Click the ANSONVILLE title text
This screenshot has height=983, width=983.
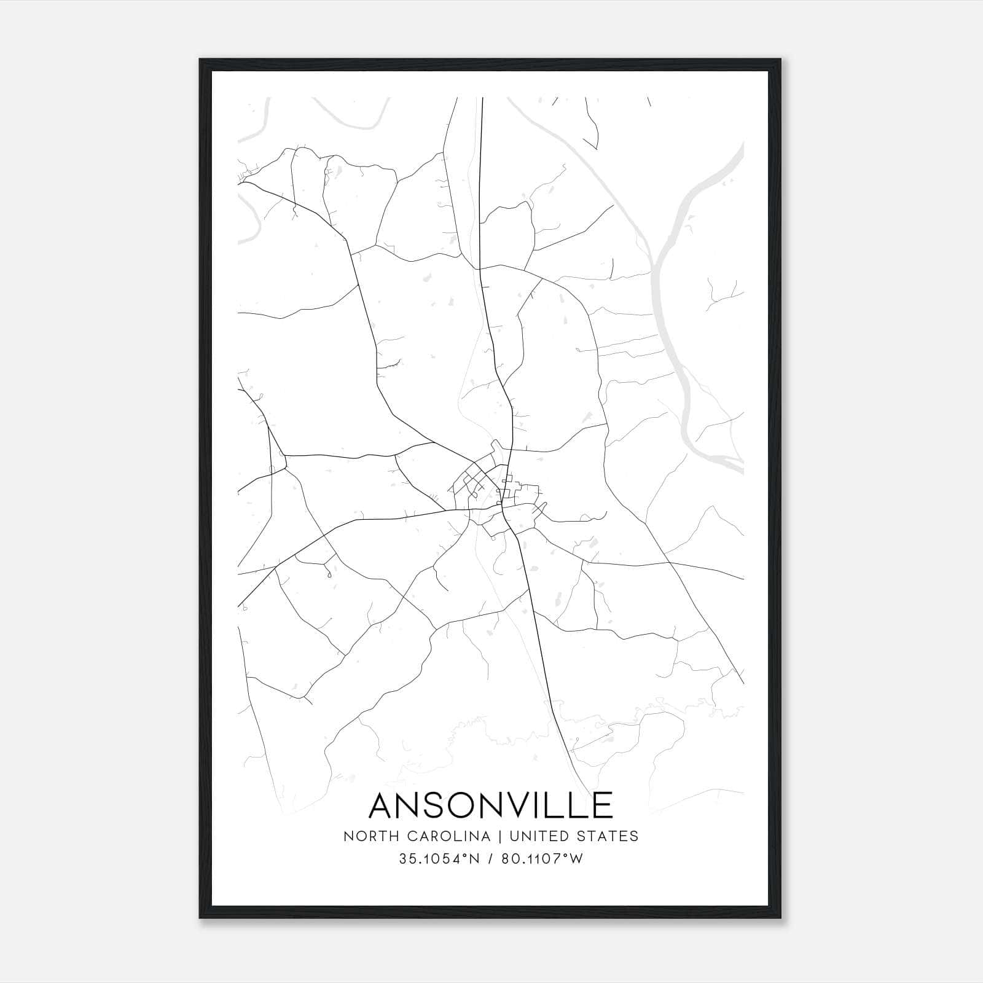click(x=491, y=805)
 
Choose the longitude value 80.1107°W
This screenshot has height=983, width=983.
click(x=542, y=859)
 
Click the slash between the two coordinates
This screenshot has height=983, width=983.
click(x=488, y=859)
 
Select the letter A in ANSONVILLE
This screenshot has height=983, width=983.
click(x=383, y=805)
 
